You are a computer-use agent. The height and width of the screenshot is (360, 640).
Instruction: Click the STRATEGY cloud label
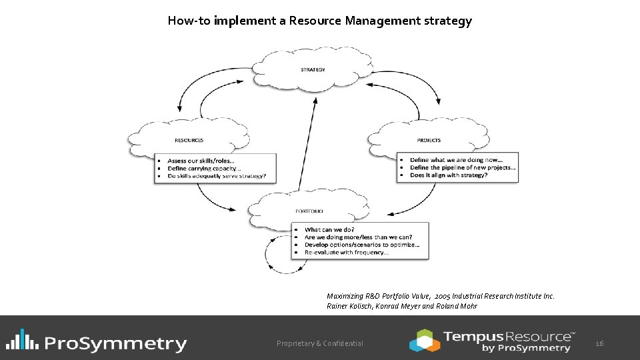pos(313,70)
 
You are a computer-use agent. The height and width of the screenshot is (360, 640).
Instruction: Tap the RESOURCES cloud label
pos(189,141)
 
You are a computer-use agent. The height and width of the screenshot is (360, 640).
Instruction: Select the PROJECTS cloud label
pos(429,141)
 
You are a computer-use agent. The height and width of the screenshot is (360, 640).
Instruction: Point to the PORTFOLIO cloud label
pos(309,211)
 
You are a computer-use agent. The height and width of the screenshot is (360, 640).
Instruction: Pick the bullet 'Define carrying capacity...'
pos(204,169)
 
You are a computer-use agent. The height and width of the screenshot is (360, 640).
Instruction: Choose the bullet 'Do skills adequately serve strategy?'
pos(217,176)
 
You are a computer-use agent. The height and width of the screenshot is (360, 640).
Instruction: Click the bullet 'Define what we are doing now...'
pos(456,160)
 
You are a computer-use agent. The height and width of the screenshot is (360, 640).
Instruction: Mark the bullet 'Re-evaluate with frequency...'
pos(346,253)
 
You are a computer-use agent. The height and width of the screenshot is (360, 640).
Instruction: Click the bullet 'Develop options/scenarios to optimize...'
pos(361,245)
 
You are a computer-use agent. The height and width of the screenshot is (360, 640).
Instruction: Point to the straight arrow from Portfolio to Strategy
pos(307,143)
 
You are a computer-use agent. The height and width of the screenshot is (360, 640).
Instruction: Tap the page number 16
pos(599,343)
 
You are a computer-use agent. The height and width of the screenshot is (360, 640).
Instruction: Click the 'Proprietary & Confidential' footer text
pos(320,343)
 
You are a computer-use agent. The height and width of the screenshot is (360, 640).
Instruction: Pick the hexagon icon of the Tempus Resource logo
pos(424,340)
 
